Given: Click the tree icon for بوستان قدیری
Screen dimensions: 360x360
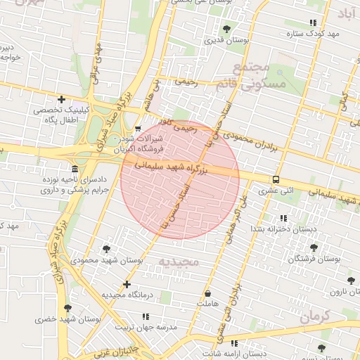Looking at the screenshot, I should [226, 29].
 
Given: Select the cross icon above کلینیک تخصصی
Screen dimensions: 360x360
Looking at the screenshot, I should [62, 99].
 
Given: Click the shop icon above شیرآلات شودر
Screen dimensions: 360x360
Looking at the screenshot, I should [138, 128].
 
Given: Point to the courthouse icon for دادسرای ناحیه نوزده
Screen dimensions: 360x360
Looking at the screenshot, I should [75, 169].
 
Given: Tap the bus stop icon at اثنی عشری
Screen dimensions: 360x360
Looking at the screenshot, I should [276, 179].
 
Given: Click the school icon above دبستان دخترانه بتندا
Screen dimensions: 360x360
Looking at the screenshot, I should [283, 219].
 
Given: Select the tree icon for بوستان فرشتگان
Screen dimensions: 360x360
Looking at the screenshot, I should [314, 247].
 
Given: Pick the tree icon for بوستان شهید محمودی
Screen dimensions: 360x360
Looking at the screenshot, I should [106, 249].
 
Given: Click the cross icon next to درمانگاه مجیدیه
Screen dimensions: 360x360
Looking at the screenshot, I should [127, 285].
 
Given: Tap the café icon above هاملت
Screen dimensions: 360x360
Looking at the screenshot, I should [207, 293].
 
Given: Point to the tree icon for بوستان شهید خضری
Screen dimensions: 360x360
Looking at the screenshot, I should [67, 308].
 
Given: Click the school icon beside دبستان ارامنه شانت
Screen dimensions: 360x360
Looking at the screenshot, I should [234, 343].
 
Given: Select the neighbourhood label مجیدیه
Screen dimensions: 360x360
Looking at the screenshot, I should [179, 262].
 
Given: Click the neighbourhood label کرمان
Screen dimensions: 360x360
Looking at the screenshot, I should [314, 317].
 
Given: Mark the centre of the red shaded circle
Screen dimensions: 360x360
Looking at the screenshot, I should [180, 179].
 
